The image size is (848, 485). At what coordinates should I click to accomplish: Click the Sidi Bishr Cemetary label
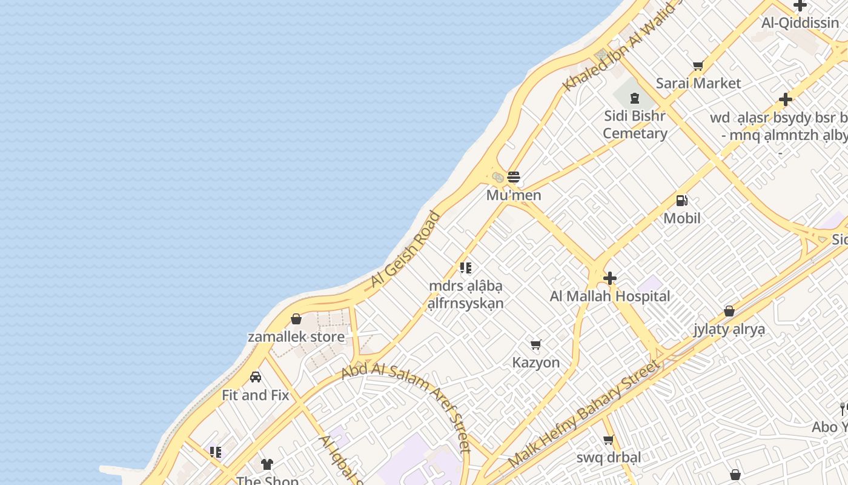635,124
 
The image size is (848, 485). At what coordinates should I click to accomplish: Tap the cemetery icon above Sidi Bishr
635,98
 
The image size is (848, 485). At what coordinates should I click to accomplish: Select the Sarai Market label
698,83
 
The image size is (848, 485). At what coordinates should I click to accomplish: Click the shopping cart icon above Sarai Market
698,65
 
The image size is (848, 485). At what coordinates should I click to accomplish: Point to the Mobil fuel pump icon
681,201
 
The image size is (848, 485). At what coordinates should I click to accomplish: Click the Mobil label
682,218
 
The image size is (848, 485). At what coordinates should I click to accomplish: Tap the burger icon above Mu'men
514,177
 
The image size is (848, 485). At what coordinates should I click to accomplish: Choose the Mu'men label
514,195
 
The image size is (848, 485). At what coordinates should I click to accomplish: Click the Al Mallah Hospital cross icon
610,278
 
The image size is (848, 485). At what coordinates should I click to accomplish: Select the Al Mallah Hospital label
610,296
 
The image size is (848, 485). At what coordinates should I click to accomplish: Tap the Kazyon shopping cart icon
535,345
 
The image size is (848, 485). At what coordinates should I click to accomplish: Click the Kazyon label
536,363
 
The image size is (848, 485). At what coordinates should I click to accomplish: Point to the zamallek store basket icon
296,319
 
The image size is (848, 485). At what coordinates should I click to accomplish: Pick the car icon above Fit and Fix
256,377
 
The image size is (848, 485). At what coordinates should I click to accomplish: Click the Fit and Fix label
256,395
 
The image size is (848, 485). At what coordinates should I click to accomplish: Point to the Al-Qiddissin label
800,23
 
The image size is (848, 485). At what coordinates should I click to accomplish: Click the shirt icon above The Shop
267,464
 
